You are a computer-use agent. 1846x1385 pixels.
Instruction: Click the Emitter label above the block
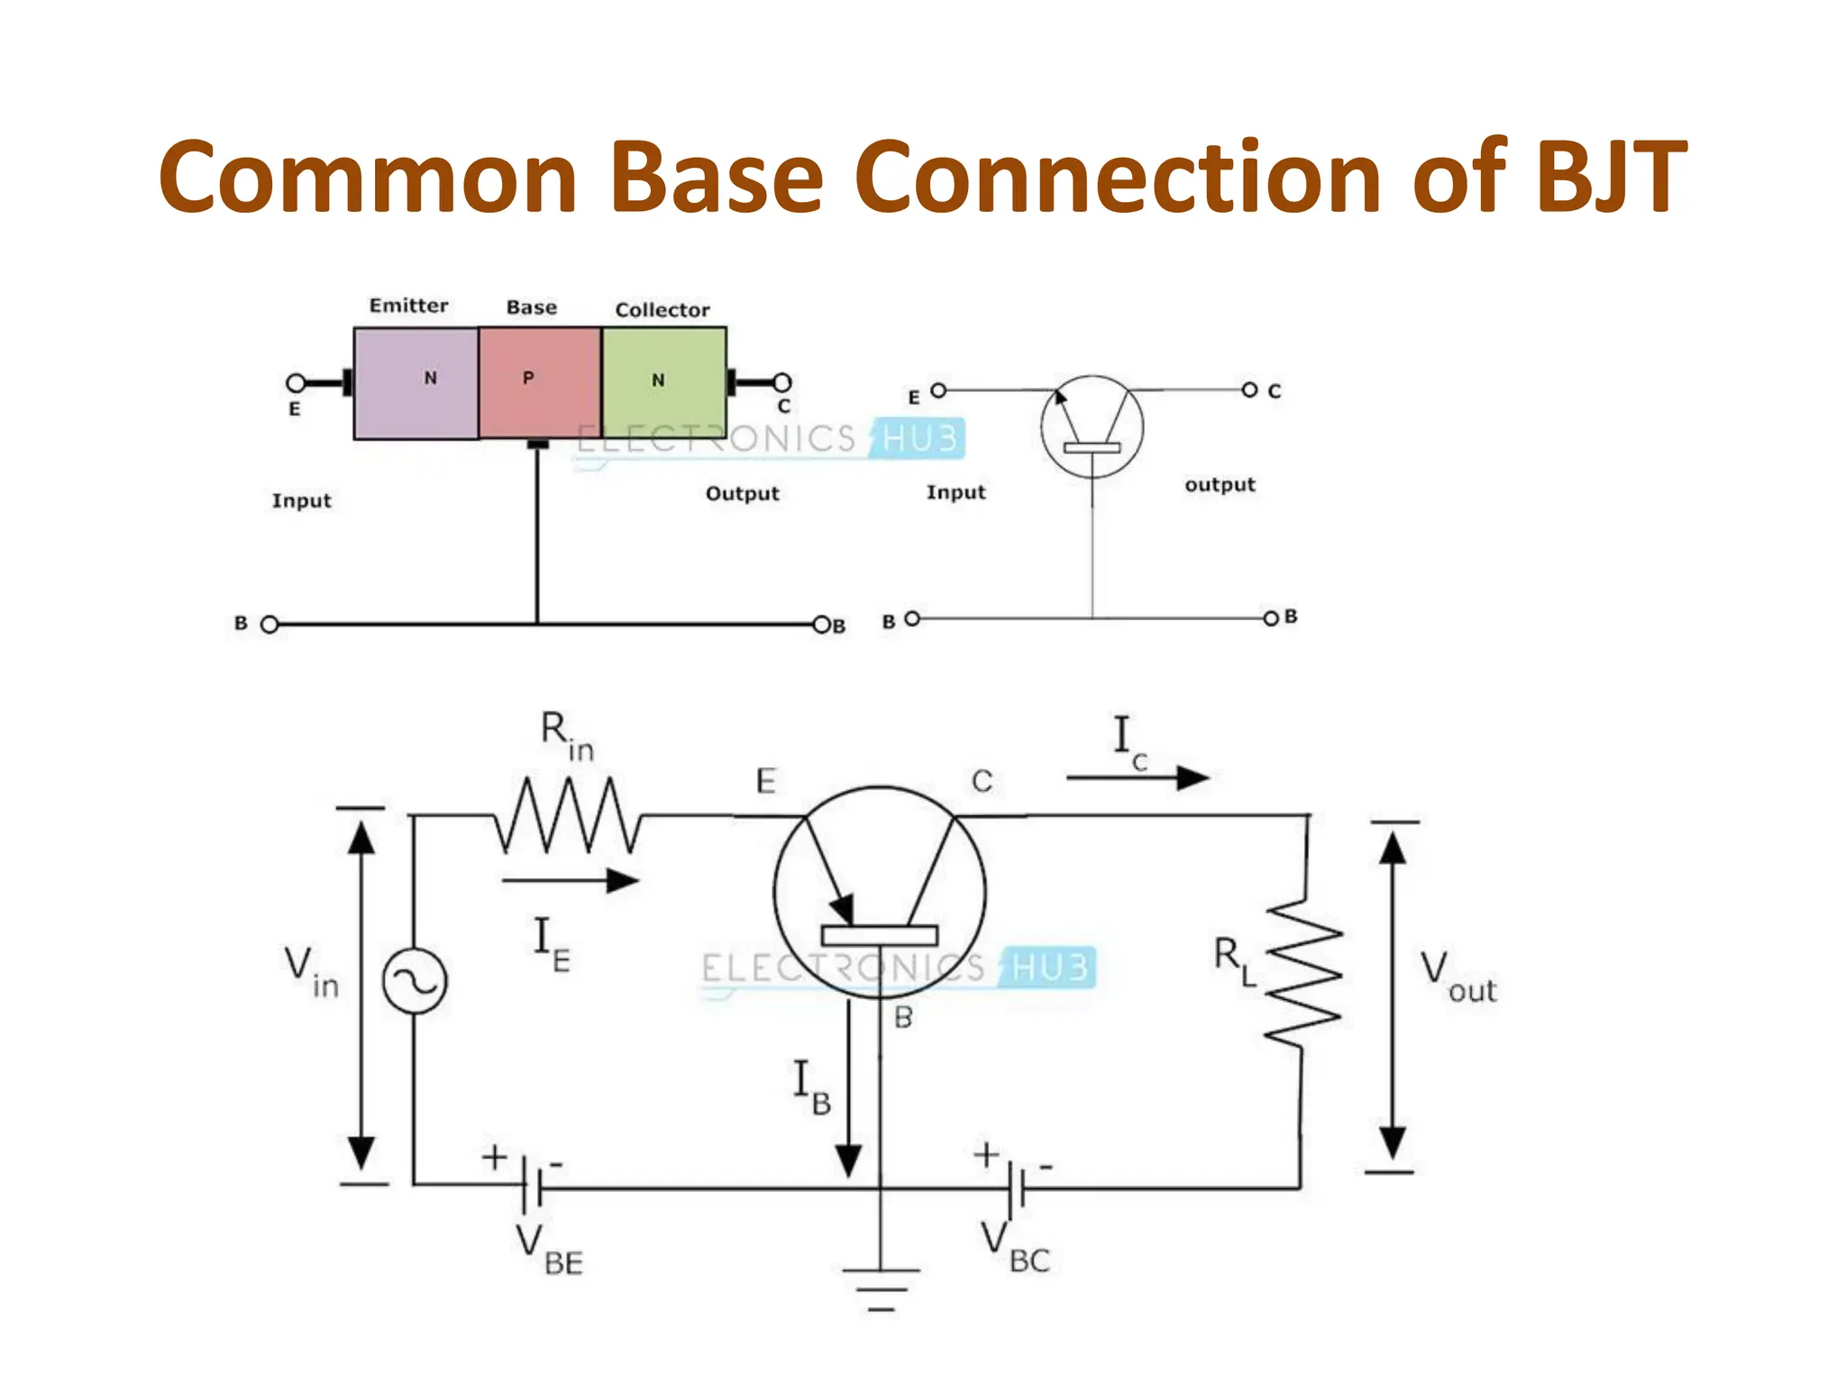(x=408, y=306)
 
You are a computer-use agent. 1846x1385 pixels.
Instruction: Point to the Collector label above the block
(x=663, y=310)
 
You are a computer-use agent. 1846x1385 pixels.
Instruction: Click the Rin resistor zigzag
(x=568, y=816)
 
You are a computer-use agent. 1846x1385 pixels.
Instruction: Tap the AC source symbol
(x=415, y=981)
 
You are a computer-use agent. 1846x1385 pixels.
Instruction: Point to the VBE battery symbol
(x=532, y=1187)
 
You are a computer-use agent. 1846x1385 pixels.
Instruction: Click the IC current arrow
(x=1138, y=777)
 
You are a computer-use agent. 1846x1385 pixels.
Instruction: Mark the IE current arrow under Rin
(x=570, y=881)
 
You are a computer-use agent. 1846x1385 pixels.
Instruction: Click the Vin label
(x=311, y=972)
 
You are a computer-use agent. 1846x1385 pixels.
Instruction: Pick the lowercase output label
(x=1220, y=485)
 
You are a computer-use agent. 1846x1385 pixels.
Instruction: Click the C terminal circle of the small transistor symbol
(x=1249, y=390)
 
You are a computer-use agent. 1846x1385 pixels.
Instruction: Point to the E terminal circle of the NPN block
(x=295, y=383)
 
